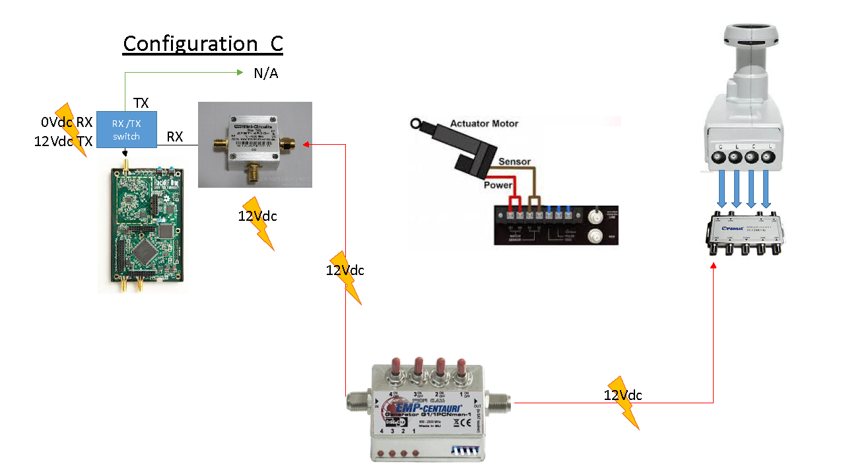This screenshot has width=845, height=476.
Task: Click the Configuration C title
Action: [203, 44]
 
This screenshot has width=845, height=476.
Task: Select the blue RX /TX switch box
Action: [126, 130]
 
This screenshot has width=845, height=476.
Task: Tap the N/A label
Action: [266, 73]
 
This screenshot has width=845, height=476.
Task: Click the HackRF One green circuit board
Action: [143, 225]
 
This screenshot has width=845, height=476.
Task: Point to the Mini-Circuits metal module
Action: [255, 144]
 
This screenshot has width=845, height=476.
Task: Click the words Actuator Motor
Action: [484, 124]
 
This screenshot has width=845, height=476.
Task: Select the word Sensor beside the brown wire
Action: [514, 161]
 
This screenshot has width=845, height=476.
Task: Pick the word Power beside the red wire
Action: [498, 185]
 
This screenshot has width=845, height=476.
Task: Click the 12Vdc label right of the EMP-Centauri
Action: [623, 395]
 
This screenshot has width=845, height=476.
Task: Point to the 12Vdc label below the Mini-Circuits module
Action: [257, 216]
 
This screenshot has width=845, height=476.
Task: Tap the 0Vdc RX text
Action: [67, 122]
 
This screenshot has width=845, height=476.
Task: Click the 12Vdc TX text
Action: [63, 141]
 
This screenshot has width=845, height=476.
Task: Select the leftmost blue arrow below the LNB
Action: [722, 188]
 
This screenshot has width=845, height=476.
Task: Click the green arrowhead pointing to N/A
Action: [240, 73]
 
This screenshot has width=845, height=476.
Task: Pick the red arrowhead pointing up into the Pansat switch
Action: [714, 265]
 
